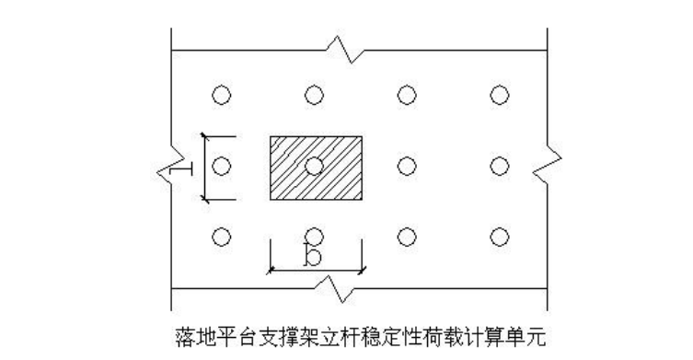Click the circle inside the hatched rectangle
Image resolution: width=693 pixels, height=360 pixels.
click(x=314, y=166)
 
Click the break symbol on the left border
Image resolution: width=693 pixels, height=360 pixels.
click(x=169, y=167)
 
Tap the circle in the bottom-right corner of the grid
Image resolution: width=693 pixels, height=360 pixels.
click(x=500, y=237)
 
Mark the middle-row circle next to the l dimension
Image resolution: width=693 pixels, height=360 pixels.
click(x=220, y=166)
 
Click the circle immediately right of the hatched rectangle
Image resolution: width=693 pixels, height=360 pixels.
click(x=406, y=166)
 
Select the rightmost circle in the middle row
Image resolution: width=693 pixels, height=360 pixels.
click(x=500, y=166)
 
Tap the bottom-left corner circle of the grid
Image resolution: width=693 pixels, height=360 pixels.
click(x=220, y=237)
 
